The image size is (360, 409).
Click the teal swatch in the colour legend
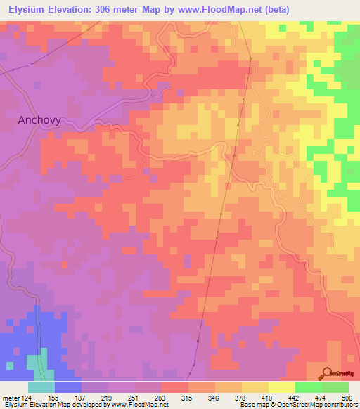(41, 387)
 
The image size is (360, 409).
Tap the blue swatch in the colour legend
(67, 387)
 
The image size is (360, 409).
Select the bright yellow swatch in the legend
(281, 387)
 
